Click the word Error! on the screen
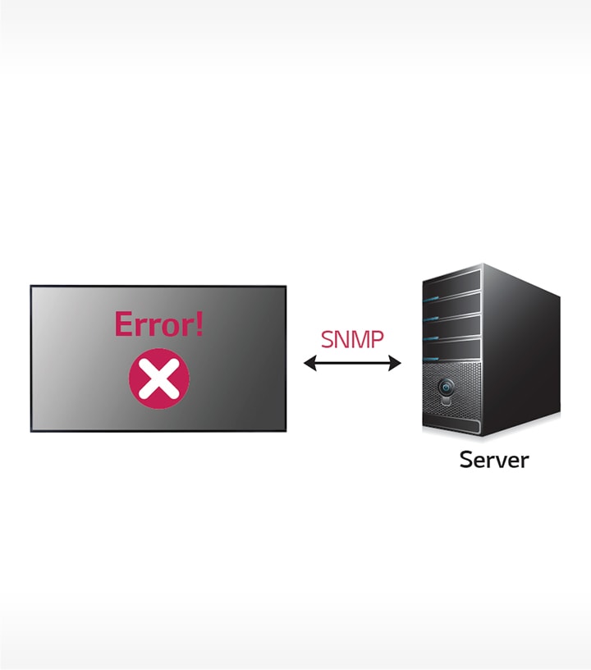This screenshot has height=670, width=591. [158, 324]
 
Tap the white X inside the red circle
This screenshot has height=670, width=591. [158, 379]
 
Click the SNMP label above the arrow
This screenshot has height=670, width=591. [352, 339]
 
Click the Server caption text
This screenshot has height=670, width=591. [493, 459]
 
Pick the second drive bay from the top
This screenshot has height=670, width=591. [451, 307]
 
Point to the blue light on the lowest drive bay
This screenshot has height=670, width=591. [428, 355]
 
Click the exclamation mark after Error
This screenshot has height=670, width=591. [198, 324]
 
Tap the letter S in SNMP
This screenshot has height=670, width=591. [328, 339]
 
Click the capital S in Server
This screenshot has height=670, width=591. [467, 459]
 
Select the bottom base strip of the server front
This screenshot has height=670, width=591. [451, 426]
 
